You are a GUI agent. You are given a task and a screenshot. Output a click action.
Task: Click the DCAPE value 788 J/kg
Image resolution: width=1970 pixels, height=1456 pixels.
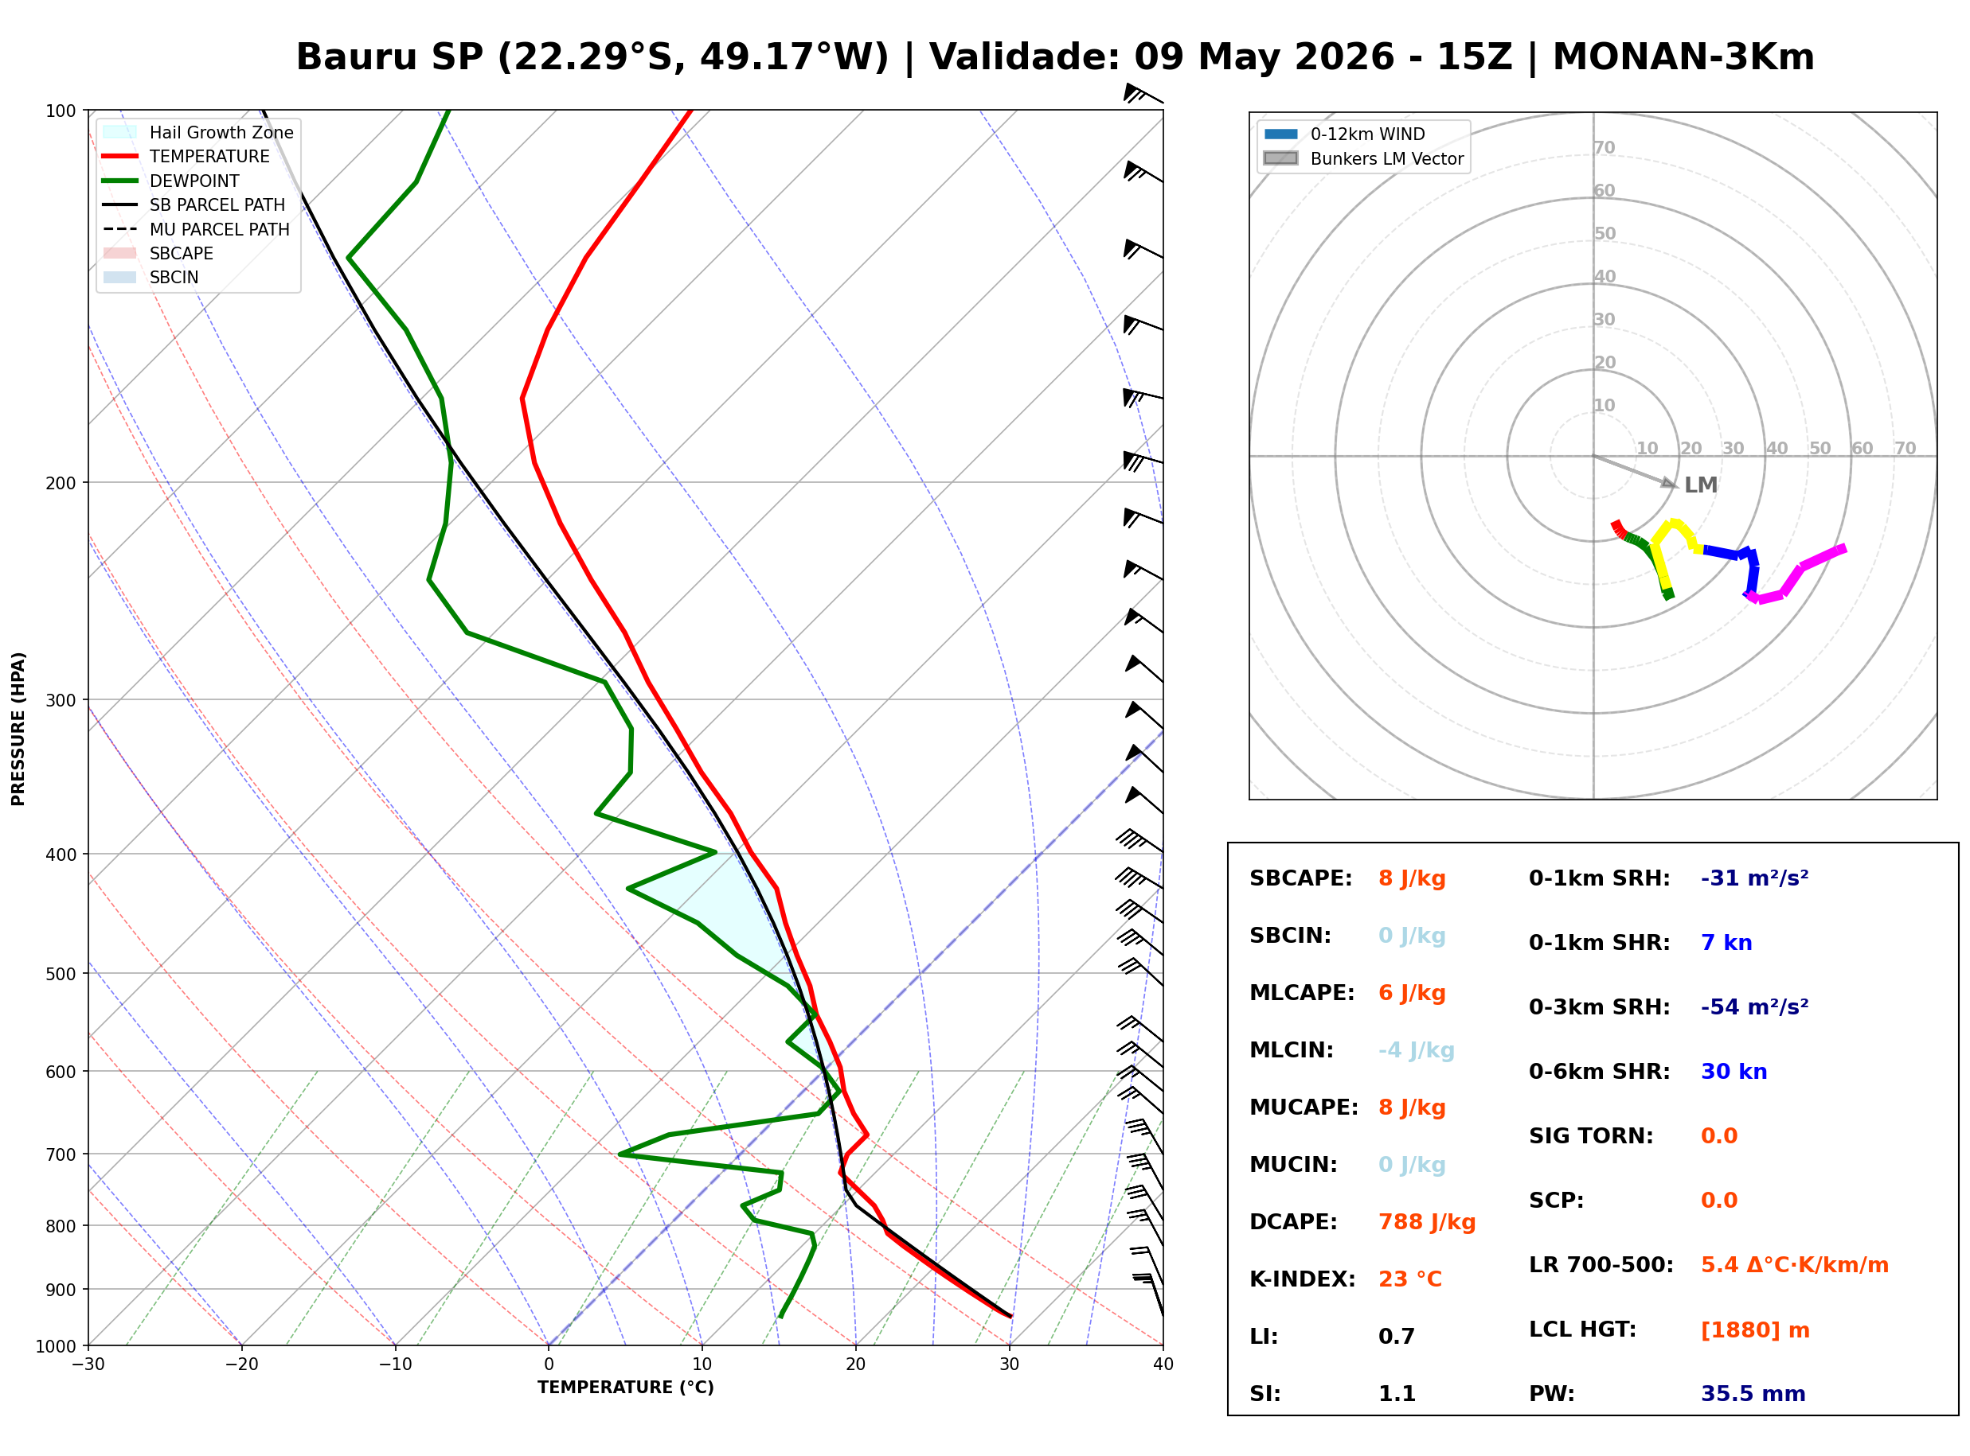(1426, 1221)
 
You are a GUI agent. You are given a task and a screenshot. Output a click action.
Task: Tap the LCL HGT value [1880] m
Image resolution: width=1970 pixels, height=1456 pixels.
(1755, 1330)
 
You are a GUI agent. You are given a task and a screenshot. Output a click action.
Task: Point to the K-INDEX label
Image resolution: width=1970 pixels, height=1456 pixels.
(1302, 1279)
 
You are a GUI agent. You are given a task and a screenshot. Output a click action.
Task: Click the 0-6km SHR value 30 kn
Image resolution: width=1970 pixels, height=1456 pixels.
(1734, 1072)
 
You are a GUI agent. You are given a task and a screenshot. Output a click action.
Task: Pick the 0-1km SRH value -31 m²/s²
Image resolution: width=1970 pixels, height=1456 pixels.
(1754, 878)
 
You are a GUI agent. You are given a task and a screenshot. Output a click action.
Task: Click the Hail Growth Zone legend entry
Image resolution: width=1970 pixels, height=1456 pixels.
(197, 132)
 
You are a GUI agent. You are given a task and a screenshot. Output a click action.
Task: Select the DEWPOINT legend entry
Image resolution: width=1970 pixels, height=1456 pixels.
(171, 181)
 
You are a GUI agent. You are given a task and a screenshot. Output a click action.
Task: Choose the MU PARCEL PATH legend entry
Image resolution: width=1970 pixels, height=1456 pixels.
(196, 229)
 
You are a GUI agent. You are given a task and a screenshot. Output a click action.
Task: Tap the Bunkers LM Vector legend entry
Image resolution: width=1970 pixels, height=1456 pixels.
(1363, 158)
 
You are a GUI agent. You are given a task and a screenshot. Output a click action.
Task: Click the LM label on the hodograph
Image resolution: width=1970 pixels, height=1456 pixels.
(1700, 485)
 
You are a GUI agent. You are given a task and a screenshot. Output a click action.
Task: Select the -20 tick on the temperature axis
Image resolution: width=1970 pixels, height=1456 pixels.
(241, 1365)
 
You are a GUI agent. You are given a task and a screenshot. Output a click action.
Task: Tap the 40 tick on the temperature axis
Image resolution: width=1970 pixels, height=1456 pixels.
(1163, 1365)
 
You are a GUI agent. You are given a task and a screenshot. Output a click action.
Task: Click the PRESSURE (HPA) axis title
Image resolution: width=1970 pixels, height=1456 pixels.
(18, 729)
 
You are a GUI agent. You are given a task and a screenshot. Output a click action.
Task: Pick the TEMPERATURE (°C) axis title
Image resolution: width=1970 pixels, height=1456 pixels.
(625, 1388)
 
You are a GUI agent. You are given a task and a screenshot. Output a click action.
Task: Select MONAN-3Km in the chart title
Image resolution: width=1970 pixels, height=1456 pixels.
(1683, 57)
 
